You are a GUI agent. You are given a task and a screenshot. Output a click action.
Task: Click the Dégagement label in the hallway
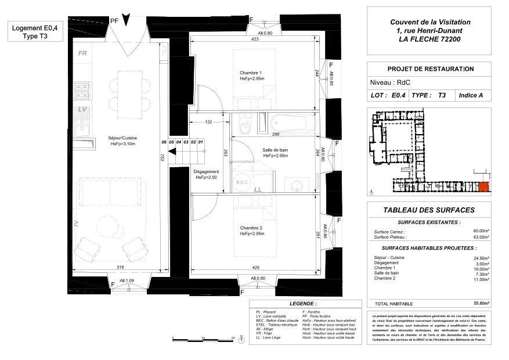click(x=206, y=172)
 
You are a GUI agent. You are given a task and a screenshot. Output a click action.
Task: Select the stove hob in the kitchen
click(x=82, y=90)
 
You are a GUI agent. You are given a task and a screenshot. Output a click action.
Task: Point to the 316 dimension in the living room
click(x=120, y=267)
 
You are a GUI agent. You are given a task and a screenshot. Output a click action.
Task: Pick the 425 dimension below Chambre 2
click(x=255, y=268)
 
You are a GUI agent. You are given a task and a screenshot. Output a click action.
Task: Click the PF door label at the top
click(x=114, y=20)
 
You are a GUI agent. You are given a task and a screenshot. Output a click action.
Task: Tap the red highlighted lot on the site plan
click(x=483, y=186)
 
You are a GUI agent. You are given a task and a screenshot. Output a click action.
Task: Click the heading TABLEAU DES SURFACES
click(x=429, y=210)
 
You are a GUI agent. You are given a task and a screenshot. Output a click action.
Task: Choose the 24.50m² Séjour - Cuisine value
click(x=481, y=257)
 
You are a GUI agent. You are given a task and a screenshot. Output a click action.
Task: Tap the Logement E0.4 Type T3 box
click(x=35, y=31)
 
